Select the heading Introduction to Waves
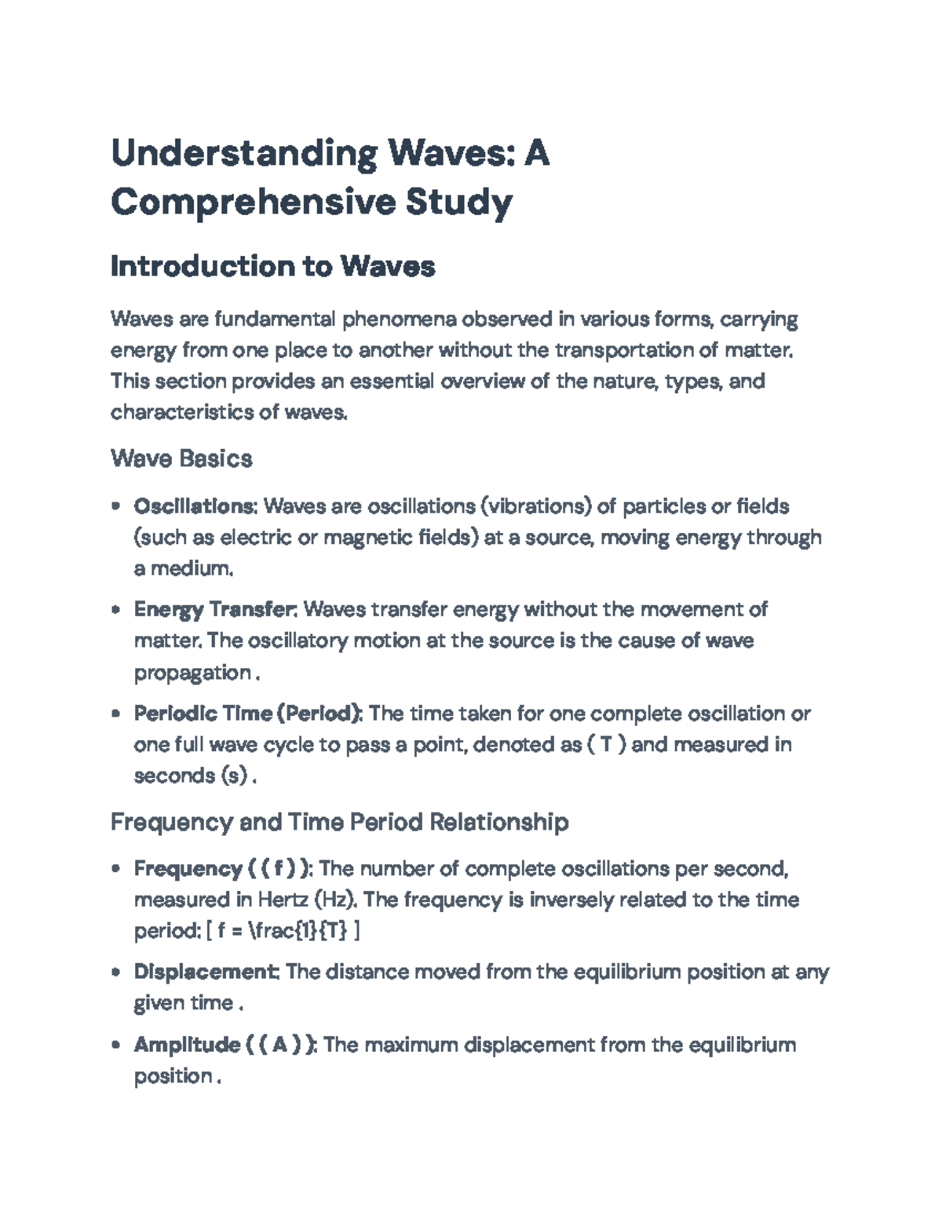pyautogui.click(x=272, y=267)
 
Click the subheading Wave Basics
pyautogui.click(x=181, y=458)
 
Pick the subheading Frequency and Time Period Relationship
pyautogui.click(x=339, y=822)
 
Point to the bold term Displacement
pyautogui.click(x=206, y=972)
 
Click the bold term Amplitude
pyautogui.click(x=187, y=1045)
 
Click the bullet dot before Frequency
pyautogui.click(x=116, y=869)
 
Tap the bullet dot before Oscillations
pyautogui.click(x=116, y=506)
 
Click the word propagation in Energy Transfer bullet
pyautogui.click(x=192, y=673)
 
